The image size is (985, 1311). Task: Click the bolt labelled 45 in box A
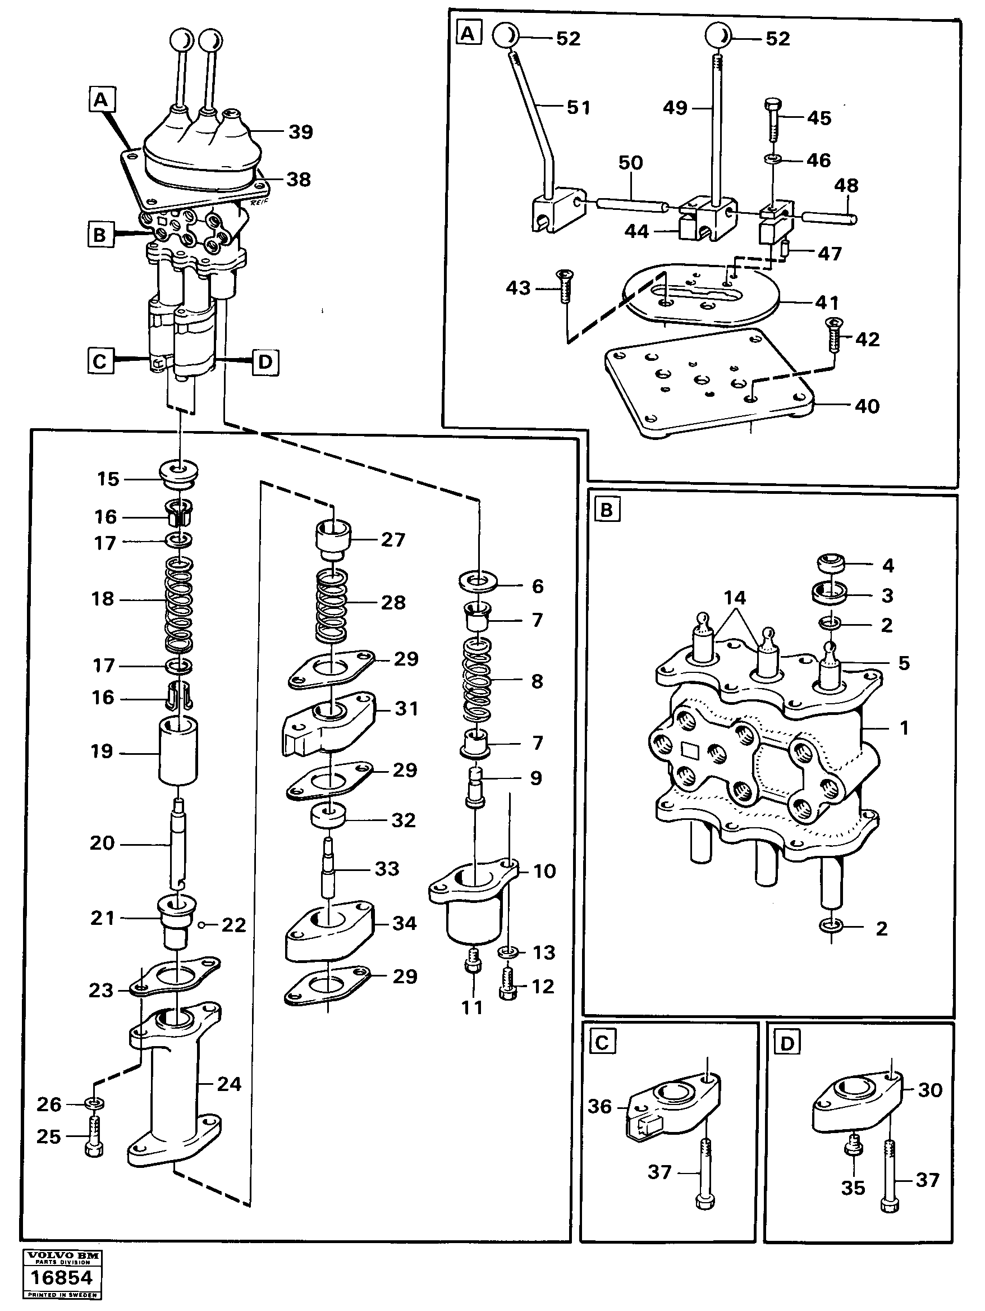pos(772,118)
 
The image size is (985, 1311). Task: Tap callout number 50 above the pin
pos(630,163)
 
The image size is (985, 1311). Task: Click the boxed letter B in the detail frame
pos(606,510)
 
